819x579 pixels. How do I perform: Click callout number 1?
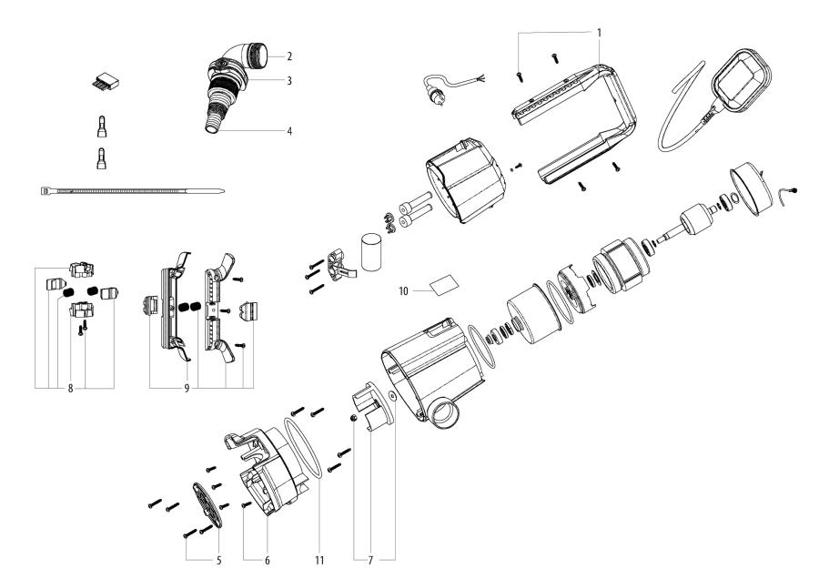click(599, 31)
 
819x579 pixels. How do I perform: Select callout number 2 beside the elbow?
click(288, 56)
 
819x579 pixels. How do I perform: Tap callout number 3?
click(288, 80)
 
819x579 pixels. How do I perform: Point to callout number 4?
click(288, 131)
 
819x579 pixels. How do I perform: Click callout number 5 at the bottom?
click(218, 561)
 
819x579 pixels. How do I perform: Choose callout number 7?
click(373, 561)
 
